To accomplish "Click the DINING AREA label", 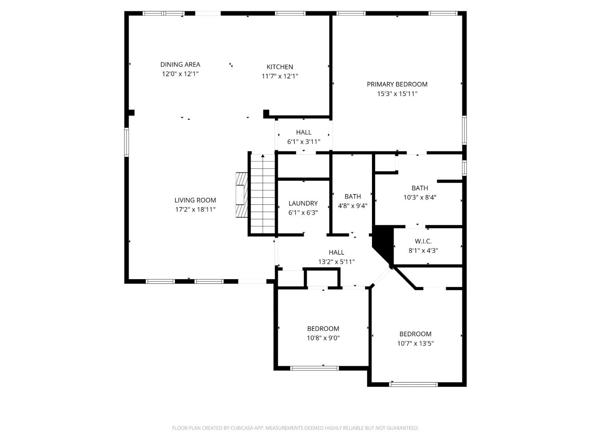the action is coord(180,65).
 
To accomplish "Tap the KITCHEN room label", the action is coord(280,67).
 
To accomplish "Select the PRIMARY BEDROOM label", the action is coord(397,84).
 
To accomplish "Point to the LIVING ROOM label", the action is coord(195,200).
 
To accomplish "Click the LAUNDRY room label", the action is coord(303,203).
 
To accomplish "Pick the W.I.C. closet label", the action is coord(423,241).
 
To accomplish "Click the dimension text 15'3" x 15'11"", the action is coord(397,94).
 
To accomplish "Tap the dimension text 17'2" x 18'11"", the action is coord(195,209).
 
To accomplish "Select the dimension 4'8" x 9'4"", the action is coord(353,206).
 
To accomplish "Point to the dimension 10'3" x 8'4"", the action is coord(420,197).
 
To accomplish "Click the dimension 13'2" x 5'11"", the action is coord(336,262).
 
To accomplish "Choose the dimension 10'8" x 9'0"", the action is coord(323,338).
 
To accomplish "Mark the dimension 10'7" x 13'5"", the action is coord(415,343).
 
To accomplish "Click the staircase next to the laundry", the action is coord(263,194).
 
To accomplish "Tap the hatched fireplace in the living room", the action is coord(242,195).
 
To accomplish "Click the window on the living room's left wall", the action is coord(126,142).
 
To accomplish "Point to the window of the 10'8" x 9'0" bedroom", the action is coord(314,368).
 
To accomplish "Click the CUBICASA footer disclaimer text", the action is coord(295,428).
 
